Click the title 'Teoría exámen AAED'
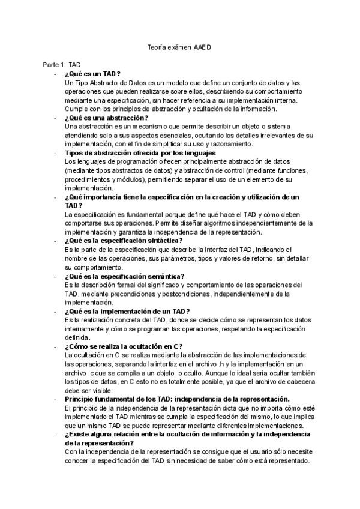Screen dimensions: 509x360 (x=179, y=46)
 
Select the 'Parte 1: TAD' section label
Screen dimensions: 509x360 (x=62, y=64)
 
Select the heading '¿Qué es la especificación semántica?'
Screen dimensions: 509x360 (x=128, y=276)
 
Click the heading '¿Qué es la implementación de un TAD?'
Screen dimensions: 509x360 (x=127, y=311)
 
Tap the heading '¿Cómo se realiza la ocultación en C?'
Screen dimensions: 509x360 (x=124, y=346)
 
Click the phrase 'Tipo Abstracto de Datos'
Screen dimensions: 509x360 (x=110, y=82)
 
